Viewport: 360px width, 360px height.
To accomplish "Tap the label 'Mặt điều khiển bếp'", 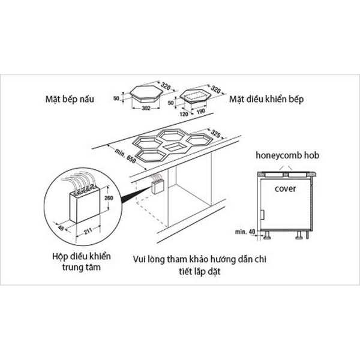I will pos(263,98).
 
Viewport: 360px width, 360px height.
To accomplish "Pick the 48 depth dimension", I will pos(60,227).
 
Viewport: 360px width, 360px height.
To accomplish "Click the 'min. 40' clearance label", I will pos(242,230).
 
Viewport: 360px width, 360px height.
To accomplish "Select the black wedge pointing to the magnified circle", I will pos(130,195).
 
